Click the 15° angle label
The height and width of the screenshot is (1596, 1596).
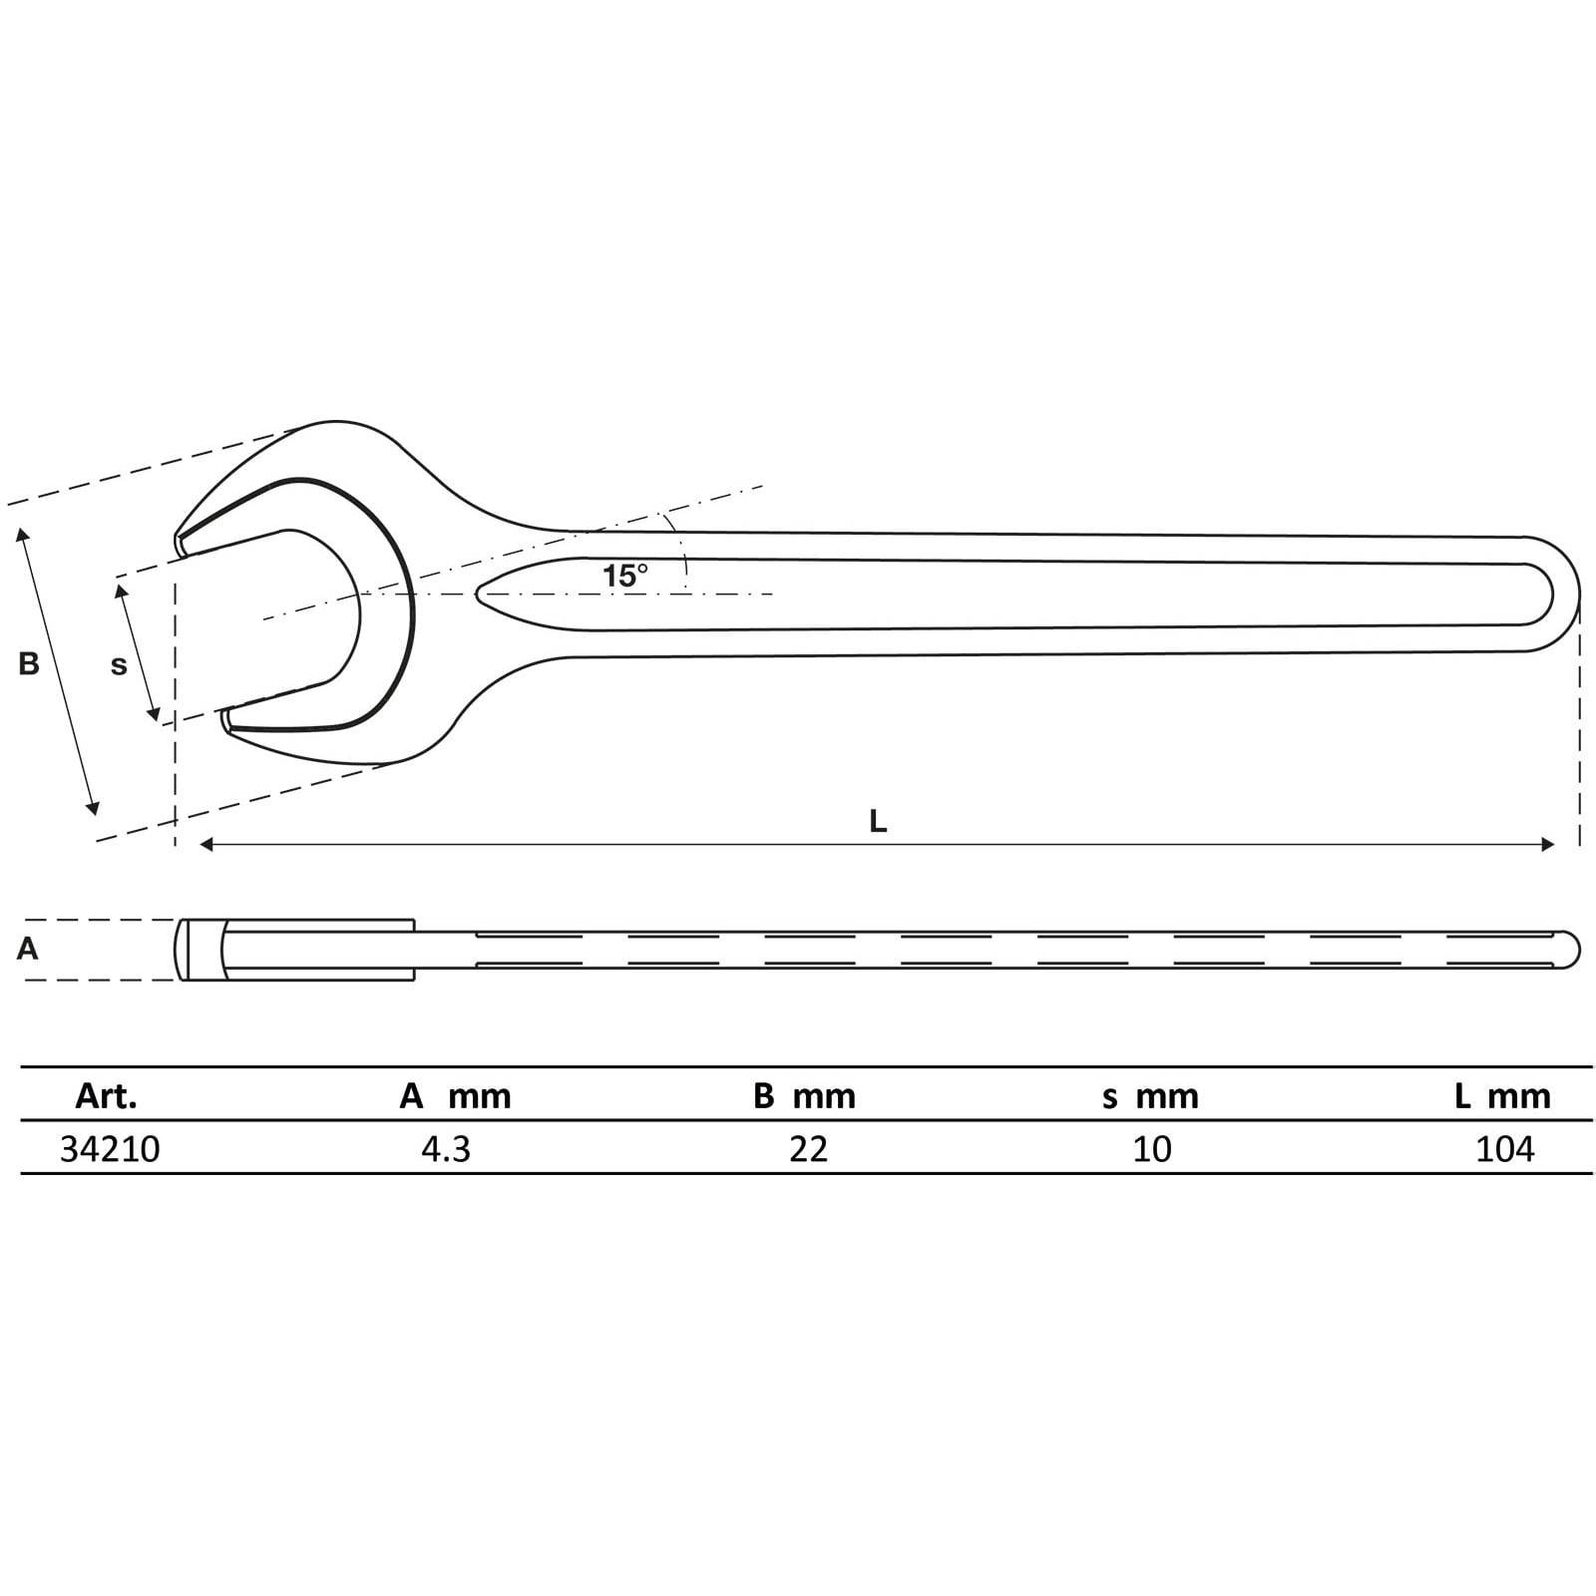click(x=624, y=576)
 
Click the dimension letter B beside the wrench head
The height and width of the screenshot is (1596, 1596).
click(x=29, y=663)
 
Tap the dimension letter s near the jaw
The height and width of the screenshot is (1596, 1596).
click(x=119, y=665)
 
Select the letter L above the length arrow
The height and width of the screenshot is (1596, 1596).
click(x=878, y=822)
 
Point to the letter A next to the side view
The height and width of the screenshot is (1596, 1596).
click(x=28, y=949)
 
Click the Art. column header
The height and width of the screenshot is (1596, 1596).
click(x=106, y=1097)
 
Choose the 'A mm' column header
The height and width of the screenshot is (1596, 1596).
click(x=455, y=1097)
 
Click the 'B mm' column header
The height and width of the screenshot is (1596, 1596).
click(x=804, y=1097)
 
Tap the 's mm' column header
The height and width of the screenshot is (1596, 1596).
click(x=1150, y=1097)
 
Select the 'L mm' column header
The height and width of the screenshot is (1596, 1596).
click(x=1502, y=1097)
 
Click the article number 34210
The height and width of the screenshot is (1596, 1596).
click(x=110, y=1150)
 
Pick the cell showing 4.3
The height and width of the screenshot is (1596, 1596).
click(x=446, y=1150)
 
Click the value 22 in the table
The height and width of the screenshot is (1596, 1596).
click(x=808, y=1150)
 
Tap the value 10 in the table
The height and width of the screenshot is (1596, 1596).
click(x=1152, y=1150)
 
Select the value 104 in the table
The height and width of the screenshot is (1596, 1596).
click(x=1504, y=1150)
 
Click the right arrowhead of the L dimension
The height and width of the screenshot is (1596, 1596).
click(x=1548, y=845)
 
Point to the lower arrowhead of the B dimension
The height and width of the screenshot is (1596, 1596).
click(x=95, y=807)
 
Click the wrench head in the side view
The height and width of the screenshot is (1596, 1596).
click(x=299, y=950)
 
